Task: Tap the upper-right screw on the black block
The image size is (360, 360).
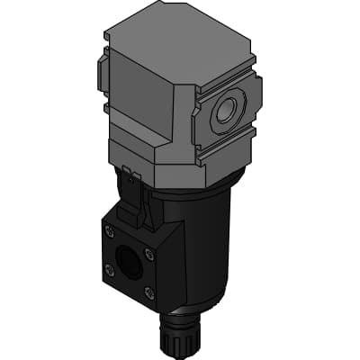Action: point(148,255)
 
